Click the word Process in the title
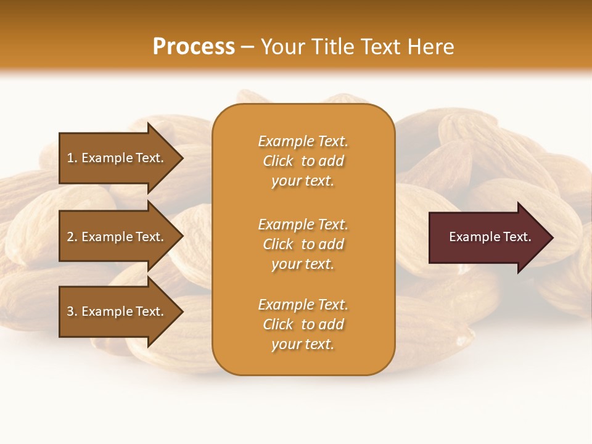(x=194, y=47)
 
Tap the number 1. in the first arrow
(x=72, y=158)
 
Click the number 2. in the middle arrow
(x=72, y=237)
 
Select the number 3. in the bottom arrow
(x=72, y=311)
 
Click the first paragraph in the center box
(x=303, y=161)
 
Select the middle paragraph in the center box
(x=303, y=244)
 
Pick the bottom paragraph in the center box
(x=303, y=324)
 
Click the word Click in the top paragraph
(x=277, y=161)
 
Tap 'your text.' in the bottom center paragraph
(x=303, y=344)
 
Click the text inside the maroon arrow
(x=490, y=237)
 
